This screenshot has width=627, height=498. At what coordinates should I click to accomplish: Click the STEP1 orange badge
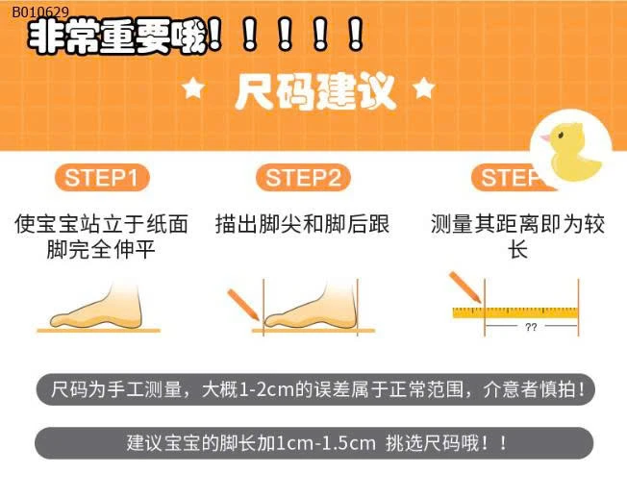point(102,178)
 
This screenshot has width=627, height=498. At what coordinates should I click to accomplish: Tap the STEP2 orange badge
point(303,178)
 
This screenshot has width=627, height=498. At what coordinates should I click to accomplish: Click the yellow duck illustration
point(572,151)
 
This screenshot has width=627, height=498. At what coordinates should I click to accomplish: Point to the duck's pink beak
point(545,138)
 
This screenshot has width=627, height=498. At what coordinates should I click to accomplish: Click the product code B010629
point(40,12)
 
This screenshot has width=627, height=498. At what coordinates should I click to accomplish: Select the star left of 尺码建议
point(193,88)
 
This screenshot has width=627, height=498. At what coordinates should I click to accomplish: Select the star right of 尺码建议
point(424,88)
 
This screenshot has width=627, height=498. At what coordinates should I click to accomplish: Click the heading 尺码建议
point(315,91)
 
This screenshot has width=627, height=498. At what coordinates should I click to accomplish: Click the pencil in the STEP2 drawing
point(243,305)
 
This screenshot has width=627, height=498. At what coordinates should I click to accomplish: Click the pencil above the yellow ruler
point(465,286)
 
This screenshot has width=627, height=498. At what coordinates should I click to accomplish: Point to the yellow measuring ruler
point(515,312)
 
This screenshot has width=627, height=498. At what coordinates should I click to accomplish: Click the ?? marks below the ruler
point(531,327)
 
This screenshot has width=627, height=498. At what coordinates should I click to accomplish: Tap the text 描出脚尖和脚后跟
point(303,224)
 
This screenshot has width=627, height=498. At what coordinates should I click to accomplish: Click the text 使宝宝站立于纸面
point(102,224)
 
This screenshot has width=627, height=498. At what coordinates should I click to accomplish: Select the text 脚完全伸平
point(101,250)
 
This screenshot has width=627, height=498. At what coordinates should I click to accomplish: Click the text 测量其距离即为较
point(518,224)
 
